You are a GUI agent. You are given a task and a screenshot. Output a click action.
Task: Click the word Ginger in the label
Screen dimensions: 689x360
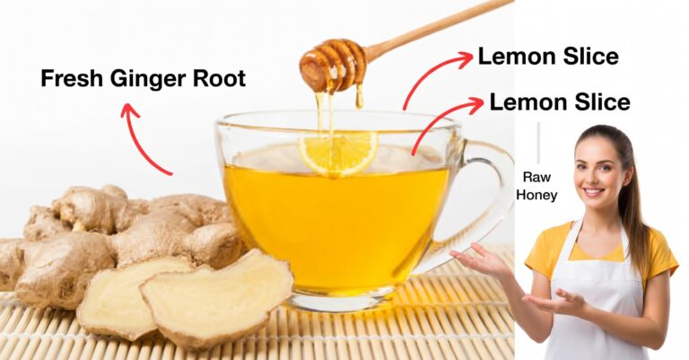149,80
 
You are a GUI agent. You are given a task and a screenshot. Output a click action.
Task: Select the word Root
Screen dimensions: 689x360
219,78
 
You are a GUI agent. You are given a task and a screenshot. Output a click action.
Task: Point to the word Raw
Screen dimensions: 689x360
536,177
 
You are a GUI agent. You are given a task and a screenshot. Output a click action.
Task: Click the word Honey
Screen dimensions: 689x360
536,195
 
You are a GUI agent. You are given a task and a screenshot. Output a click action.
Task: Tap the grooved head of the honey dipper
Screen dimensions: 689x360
333,66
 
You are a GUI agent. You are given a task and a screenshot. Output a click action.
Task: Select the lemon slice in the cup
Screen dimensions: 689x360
338,152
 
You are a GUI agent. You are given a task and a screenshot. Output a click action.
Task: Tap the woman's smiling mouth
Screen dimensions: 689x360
594,191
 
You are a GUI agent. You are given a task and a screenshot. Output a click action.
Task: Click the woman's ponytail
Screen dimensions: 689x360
634,206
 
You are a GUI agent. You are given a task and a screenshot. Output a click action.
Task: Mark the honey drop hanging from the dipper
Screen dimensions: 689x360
360,99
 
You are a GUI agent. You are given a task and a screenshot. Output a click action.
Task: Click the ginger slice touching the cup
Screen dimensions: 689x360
216,297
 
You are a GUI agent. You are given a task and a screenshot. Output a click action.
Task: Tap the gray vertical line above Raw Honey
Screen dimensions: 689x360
538,143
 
